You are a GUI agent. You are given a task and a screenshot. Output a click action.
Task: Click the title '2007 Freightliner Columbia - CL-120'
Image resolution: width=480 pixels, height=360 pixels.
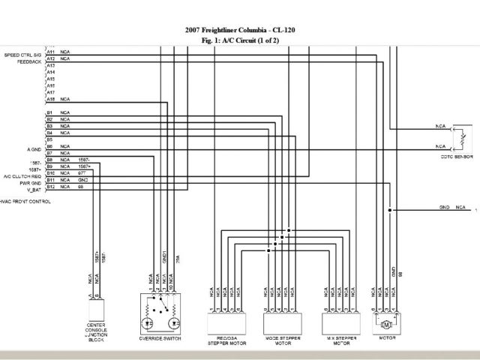tap(239, 31)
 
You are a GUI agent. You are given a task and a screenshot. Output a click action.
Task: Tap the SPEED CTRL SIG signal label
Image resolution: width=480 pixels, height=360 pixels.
tap(22, 55)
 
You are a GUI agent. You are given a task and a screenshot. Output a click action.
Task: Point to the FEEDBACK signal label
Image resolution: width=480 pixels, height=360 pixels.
tap(28, 61)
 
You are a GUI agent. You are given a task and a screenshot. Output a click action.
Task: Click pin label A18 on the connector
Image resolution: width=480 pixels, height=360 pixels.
tap(50, 99)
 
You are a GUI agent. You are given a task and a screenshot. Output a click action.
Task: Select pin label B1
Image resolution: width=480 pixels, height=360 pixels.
tap(50, 113)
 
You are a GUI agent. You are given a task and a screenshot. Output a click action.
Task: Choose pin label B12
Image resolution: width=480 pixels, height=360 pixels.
tap(50, 187)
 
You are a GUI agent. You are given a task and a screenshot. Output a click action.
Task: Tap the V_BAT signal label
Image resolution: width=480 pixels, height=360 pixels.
tap(32, 188)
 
